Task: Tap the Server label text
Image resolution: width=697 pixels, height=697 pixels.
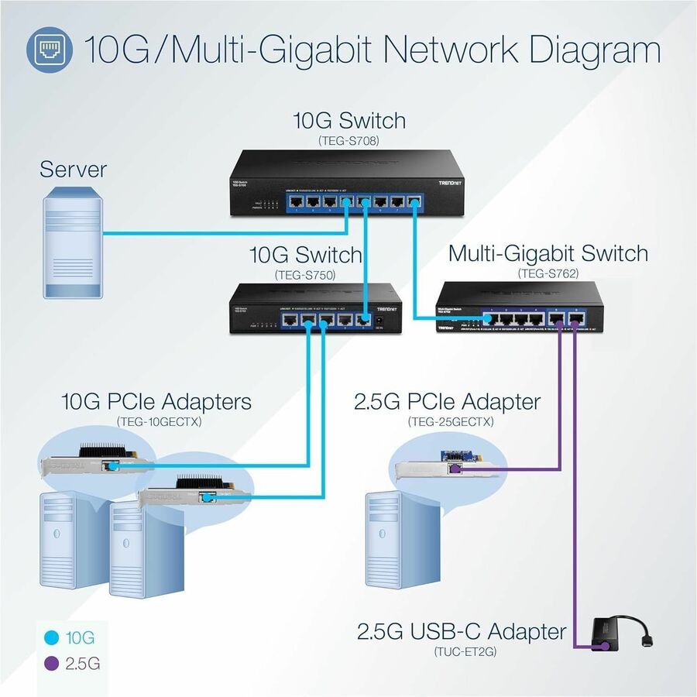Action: (74, 168)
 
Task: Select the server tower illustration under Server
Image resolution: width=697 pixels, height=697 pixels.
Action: (72, 245)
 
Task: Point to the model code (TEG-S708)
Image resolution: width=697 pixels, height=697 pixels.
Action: (348, 141)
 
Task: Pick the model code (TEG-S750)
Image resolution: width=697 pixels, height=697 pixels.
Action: (305, 274)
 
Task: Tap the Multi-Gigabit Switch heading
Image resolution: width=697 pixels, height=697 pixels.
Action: (548, 253)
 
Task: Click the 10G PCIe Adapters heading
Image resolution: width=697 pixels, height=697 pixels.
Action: (156, 402)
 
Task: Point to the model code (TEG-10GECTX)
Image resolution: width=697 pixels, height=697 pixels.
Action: (157, 421)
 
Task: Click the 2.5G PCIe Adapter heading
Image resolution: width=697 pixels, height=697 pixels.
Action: (447, 402)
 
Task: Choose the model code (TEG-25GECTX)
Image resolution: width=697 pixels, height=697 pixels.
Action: (450, 421)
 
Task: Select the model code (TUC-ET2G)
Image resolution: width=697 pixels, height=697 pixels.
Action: (462, 652)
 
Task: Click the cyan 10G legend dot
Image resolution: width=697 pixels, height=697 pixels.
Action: (52, 638)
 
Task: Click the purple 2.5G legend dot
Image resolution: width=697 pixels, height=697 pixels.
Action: (52, 664)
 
